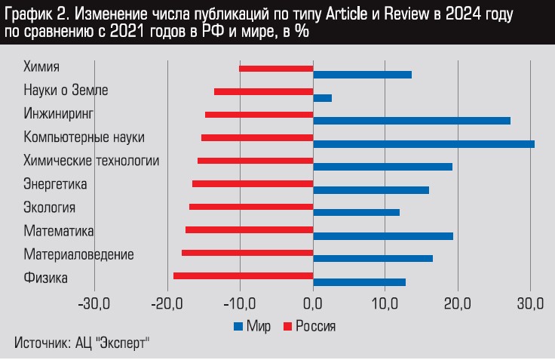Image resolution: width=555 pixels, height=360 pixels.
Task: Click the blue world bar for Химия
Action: click(362, 75)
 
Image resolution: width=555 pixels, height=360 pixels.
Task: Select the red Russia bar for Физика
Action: click(243, 275)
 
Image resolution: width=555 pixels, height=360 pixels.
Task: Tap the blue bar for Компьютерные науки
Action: click(424, 143)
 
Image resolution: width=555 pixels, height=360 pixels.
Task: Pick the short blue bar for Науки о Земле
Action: click(322, 98)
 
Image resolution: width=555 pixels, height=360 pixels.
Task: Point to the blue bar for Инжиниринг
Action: click(412, 121)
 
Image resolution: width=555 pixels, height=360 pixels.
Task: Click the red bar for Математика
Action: click(249, 229)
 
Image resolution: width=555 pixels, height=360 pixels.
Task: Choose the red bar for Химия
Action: click(276, 69)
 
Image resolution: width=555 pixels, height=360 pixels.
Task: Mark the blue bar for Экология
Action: click(356, 213)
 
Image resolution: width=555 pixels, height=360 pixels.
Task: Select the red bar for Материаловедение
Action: click(247, 253)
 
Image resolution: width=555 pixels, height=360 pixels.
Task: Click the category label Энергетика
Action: click(55, 184)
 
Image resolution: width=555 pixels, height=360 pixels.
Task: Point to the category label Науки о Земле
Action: click(66, 91)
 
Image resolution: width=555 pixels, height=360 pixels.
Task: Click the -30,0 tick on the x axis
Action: click(94, 304)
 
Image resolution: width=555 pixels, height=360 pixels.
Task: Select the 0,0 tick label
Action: click(312, 304)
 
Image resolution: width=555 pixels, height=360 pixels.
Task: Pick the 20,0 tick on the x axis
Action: click(458, 304)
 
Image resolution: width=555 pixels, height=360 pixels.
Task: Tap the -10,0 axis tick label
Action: click(240, 304)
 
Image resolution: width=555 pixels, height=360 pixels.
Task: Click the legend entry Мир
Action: click(257, 326)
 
